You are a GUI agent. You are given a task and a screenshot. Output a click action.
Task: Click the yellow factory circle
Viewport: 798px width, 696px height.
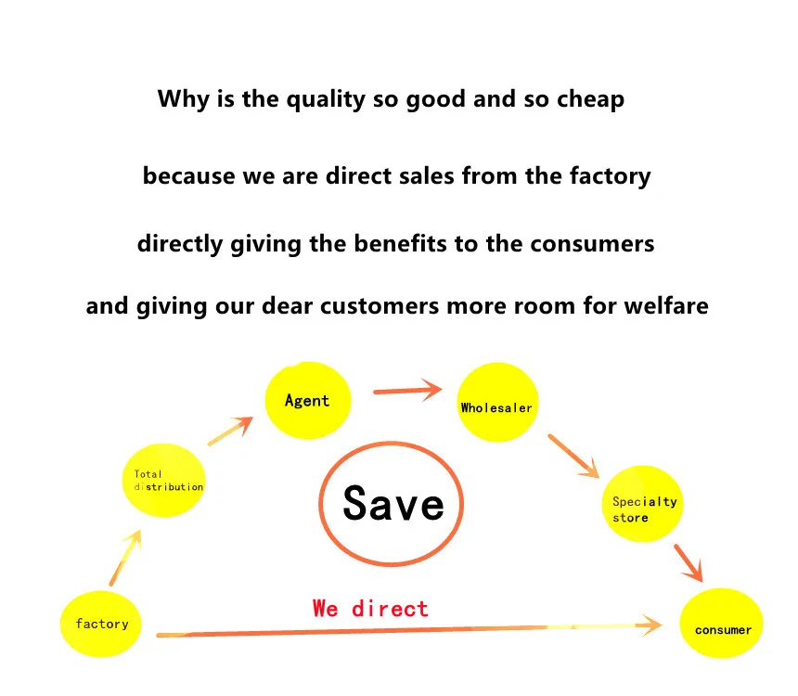tap(102, 623)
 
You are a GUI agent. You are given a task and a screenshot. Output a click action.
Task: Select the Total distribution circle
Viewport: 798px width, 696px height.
tap(165, 481)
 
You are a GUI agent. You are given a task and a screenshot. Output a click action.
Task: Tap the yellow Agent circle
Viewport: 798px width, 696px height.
tap(308, 401)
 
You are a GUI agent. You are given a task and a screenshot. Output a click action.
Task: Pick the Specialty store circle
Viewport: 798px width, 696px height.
tap(642, 505)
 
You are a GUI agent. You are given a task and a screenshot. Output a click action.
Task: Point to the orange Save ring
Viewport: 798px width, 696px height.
tap(393, 504)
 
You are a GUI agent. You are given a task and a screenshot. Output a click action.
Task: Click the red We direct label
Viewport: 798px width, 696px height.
tap(370, 609)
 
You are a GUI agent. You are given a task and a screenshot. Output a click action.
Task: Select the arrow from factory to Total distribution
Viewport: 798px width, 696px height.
tap(125, 557)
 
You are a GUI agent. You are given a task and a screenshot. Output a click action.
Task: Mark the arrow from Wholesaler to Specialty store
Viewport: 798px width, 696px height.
tap(573, 456)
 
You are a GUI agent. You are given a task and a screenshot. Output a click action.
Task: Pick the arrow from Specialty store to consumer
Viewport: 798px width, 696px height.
tap(688, 561)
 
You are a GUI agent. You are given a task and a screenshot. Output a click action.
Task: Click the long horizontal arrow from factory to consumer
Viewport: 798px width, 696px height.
tap(408, 631)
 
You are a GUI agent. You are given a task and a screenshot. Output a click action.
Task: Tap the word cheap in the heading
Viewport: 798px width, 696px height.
tap(590, 99)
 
